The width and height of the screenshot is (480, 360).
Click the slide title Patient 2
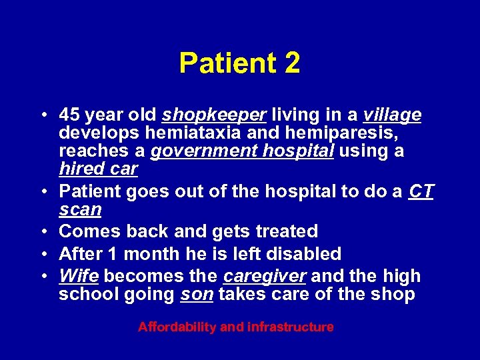coord(239,63)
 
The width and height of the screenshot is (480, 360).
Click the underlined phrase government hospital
coord(242,151)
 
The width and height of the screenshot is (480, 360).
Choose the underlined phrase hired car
coord(98,169)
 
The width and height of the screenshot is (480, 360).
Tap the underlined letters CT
coord(421,192)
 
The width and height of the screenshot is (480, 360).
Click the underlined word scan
coord(80,210)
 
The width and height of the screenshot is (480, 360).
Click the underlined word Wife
coord(79,276)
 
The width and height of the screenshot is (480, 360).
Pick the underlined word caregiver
coord(265,276)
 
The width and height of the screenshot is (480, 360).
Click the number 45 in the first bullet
coord(69,115)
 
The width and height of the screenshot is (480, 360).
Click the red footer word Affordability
coord(177,327)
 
